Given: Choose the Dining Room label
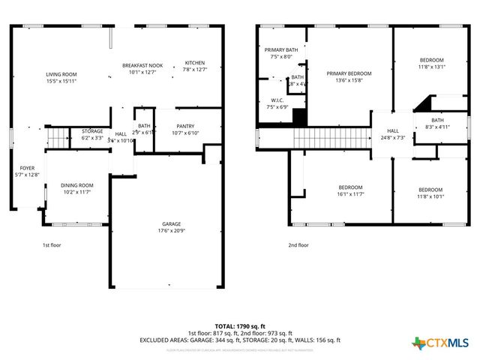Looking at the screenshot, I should (76, 188).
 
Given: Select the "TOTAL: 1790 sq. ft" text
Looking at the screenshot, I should (239, 326).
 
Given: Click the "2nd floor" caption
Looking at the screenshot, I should (298, 245).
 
